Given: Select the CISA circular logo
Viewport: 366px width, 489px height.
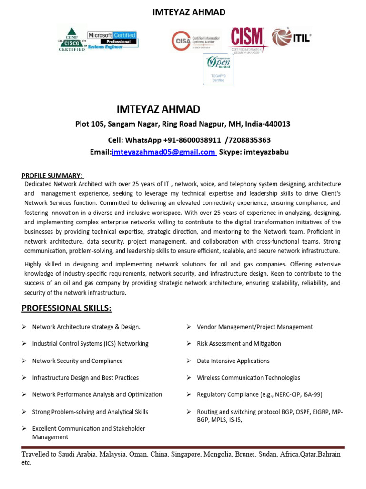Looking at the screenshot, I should [180, 41].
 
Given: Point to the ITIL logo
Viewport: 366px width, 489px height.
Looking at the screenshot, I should [291, 37].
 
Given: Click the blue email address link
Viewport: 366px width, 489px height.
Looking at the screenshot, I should [163, 152].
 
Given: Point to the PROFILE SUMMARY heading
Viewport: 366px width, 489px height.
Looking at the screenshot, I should [52, 175].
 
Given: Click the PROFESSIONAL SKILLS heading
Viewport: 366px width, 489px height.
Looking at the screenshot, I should [66, 308].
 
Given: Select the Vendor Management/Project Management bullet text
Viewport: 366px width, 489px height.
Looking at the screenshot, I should [254, 327].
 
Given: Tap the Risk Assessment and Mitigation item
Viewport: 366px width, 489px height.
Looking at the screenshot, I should [239, 344].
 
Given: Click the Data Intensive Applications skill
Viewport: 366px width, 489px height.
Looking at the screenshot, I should [233, 361].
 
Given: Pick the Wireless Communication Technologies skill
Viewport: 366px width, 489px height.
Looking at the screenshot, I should [248, 378].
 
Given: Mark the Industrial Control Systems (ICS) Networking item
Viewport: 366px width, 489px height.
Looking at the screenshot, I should [90, 344].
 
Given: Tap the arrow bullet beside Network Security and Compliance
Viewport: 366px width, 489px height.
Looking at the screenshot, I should [24, 361].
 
